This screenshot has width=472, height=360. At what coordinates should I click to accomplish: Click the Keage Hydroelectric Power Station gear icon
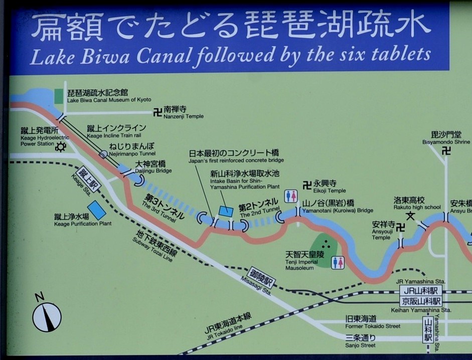coord(61,146)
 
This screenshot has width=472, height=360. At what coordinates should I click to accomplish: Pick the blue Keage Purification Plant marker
coord(97,210)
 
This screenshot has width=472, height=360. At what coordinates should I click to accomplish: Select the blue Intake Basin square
coord(226,211)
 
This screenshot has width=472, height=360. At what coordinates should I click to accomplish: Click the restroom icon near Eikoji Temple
coord(291,196)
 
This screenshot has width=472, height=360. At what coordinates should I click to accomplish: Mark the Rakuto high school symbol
coord(411,216)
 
